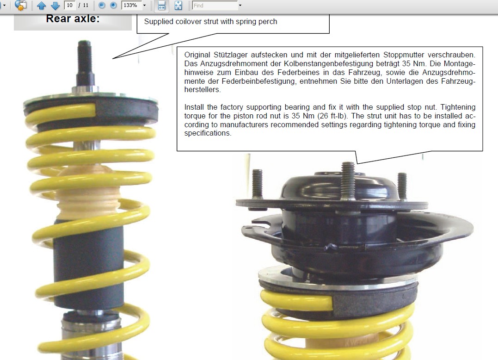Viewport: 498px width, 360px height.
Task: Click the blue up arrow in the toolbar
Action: click(x=41, y=6)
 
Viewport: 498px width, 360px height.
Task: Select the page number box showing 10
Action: click(x=70, y=6)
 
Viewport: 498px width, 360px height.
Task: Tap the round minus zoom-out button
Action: click(x=101, y=6)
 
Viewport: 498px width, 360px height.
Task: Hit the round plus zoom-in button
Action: click(x=113, y=6)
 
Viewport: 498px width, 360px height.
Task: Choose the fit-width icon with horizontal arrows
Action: click(x=161, y=6)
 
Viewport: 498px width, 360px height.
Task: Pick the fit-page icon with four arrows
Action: click(x=178, y=6)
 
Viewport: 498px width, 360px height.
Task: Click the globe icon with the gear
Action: click(x=21, y=5)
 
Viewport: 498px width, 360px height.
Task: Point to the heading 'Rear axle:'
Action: click(x=73, y=19)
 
